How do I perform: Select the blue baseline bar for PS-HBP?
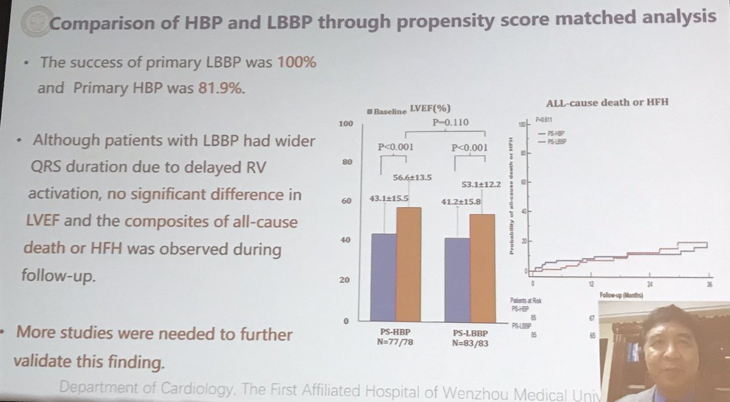[x=383, y=277]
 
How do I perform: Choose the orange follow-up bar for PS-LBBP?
[x=482, y=267]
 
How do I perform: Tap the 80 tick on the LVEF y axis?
[x=346, y=163]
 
